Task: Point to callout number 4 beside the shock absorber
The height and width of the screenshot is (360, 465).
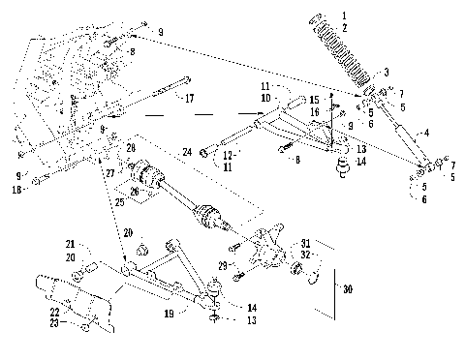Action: (423, 133)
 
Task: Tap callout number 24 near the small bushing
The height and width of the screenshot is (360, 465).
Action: (188, 150)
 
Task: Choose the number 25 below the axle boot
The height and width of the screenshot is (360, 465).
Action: (120, 203)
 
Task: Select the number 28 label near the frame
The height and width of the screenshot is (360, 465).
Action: (131, 146)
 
